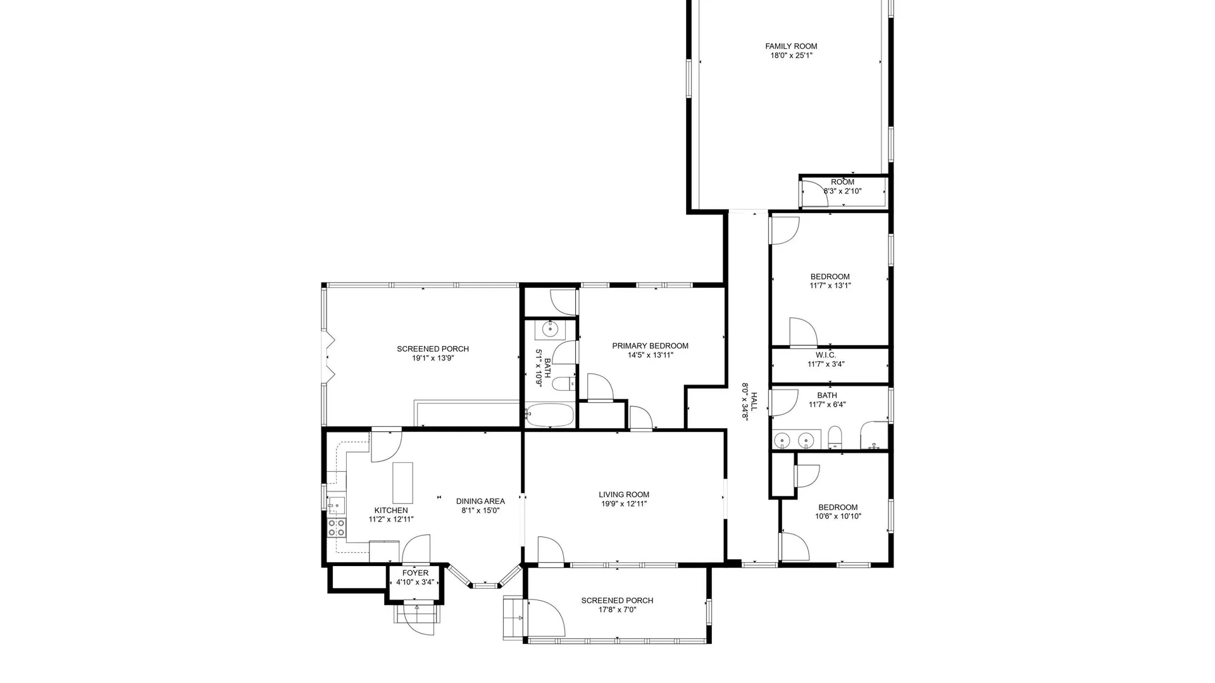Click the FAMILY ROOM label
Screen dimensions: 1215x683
point(791,46)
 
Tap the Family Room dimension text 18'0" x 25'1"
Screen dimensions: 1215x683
point(791,56)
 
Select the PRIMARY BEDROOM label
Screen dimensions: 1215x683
point(650,346)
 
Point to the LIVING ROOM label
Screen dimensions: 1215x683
point(624,495)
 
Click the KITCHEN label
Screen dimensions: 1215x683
point(391,510)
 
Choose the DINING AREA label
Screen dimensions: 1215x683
point(480,501)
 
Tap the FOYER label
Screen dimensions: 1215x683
point(415,573)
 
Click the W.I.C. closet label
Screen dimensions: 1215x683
point(826,355)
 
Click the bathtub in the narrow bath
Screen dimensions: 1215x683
point(549,415)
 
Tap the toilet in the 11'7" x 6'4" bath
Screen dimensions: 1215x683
point(835,436)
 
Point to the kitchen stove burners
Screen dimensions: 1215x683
point(337,527)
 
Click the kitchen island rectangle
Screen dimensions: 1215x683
point(402,483)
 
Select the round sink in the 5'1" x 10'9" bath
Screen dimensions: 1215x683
point(549,329)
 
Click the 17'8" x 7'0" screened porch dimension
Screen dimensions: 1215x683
point(617,610)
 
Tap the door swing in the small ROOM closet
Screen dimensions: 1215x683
point(815,193)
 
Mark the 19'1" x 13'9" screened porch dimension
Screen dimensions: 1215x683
point(433,358)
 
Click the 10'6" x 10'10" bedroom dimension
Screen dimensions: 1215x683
point(838,516)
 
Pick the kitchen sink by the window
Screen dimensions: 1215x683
point(336,505)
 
